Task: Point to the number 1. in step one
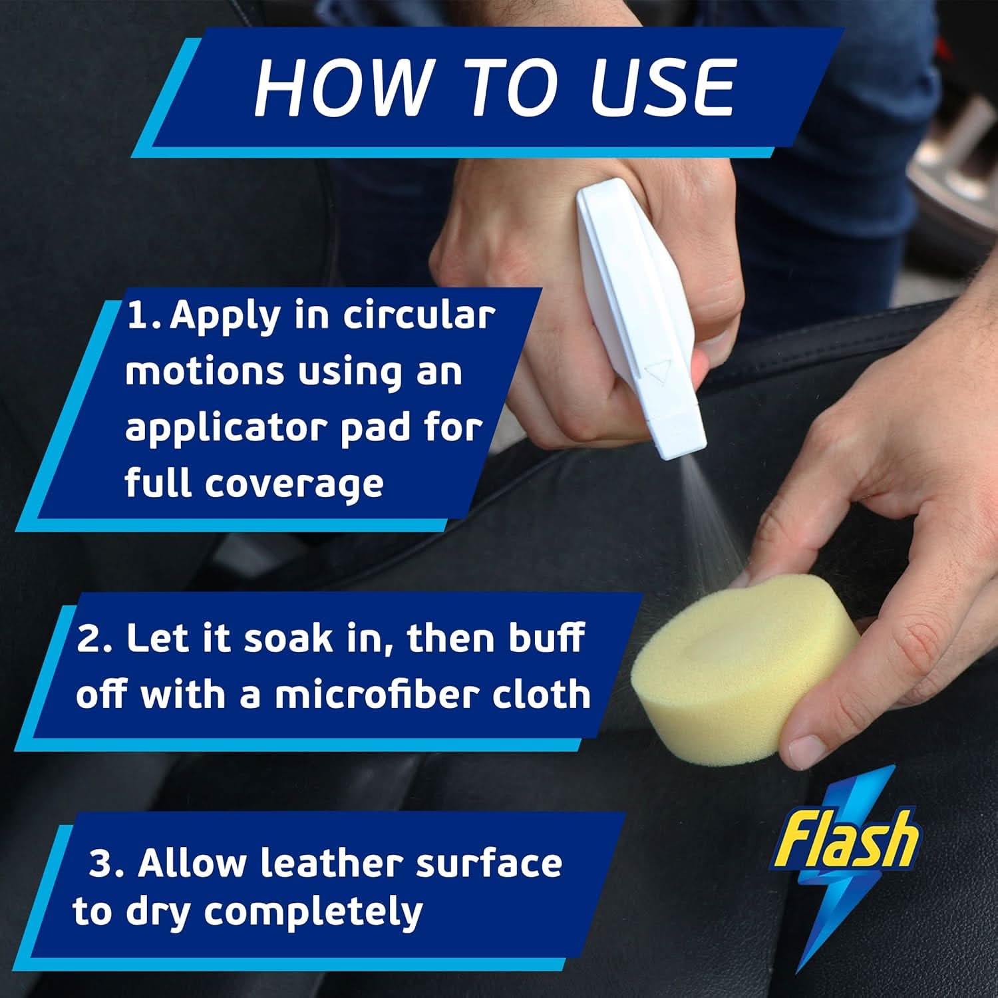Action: click(143, 316)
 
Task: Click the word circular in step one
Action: click(419, 316)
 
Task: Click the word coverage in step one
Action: click(294, 484)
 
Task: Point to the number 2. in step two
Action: click(96, 639)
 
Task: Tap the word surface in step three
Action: click(489, 863)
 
